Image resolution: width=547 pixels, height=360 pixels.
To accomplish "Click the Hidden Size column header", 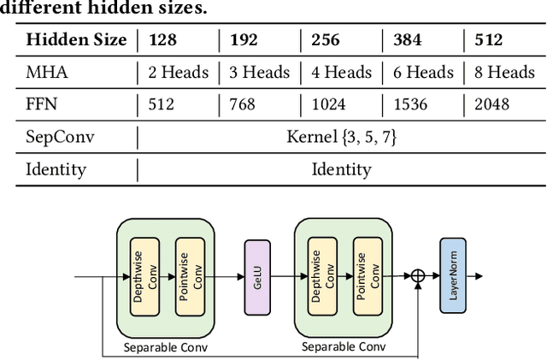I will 77,39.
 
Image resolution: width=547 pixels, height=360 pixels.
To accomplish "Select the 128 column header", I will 164,39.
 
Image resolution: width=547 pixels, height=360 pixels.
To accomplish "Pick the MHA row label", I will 47,72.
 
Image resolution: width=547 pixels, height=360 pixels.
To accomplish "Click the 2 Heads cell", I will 179,72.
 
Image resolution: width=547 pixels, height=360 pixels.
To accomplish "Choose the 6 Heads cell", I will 423,72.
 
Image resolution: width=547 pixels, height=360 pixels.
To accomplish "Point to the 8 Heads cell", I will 504,72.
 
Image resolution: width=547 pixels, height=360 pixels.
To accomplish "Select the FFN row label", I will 44,104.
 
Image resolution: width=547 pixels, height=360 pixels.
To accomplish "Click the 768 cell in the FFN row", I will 243,104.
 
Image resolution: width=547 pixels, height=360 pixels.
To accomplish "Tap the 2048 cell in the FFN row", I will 492,104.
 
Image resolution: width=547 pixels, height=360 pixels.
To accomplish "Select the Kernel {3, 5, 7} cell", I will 341,137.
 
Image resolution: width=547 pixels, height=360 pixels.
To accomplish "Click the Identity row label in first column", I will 56,169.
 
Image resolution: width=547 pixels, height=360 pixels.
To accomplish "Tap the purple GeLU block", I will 257,277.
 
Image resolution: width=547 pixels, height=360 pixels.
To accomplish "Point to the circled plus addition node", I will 418,275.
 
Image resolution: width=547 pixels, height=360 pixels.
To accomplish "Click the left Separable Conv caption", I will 166,347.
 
